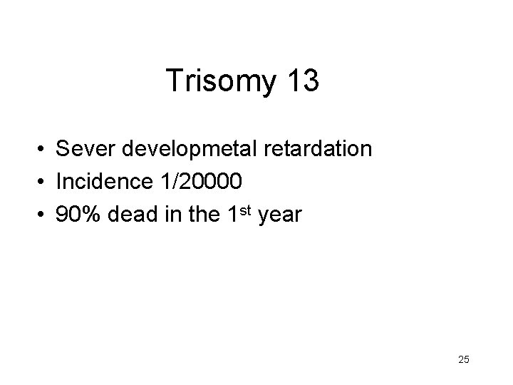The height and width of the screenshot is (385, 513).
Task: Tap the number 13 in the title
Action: click(304, 81)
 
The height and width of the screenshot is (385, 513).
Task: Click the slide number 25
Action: click(463, 360)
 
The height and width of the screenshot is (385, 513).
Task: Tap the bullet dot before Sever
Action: click(44, 150)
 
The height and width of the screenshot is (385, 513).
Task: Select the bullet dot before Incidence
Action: click(44, 183)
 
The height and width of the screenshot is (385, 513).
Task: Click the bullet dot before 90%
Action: click(44, 215)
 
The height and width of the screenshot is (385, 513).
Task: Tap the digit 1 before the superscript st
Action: click(238, 215)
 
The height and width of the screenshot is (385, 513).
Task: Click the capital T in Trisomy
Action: click(173, 81)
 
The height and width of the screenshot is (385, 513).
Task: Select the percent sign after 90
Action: click(91, 215)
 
